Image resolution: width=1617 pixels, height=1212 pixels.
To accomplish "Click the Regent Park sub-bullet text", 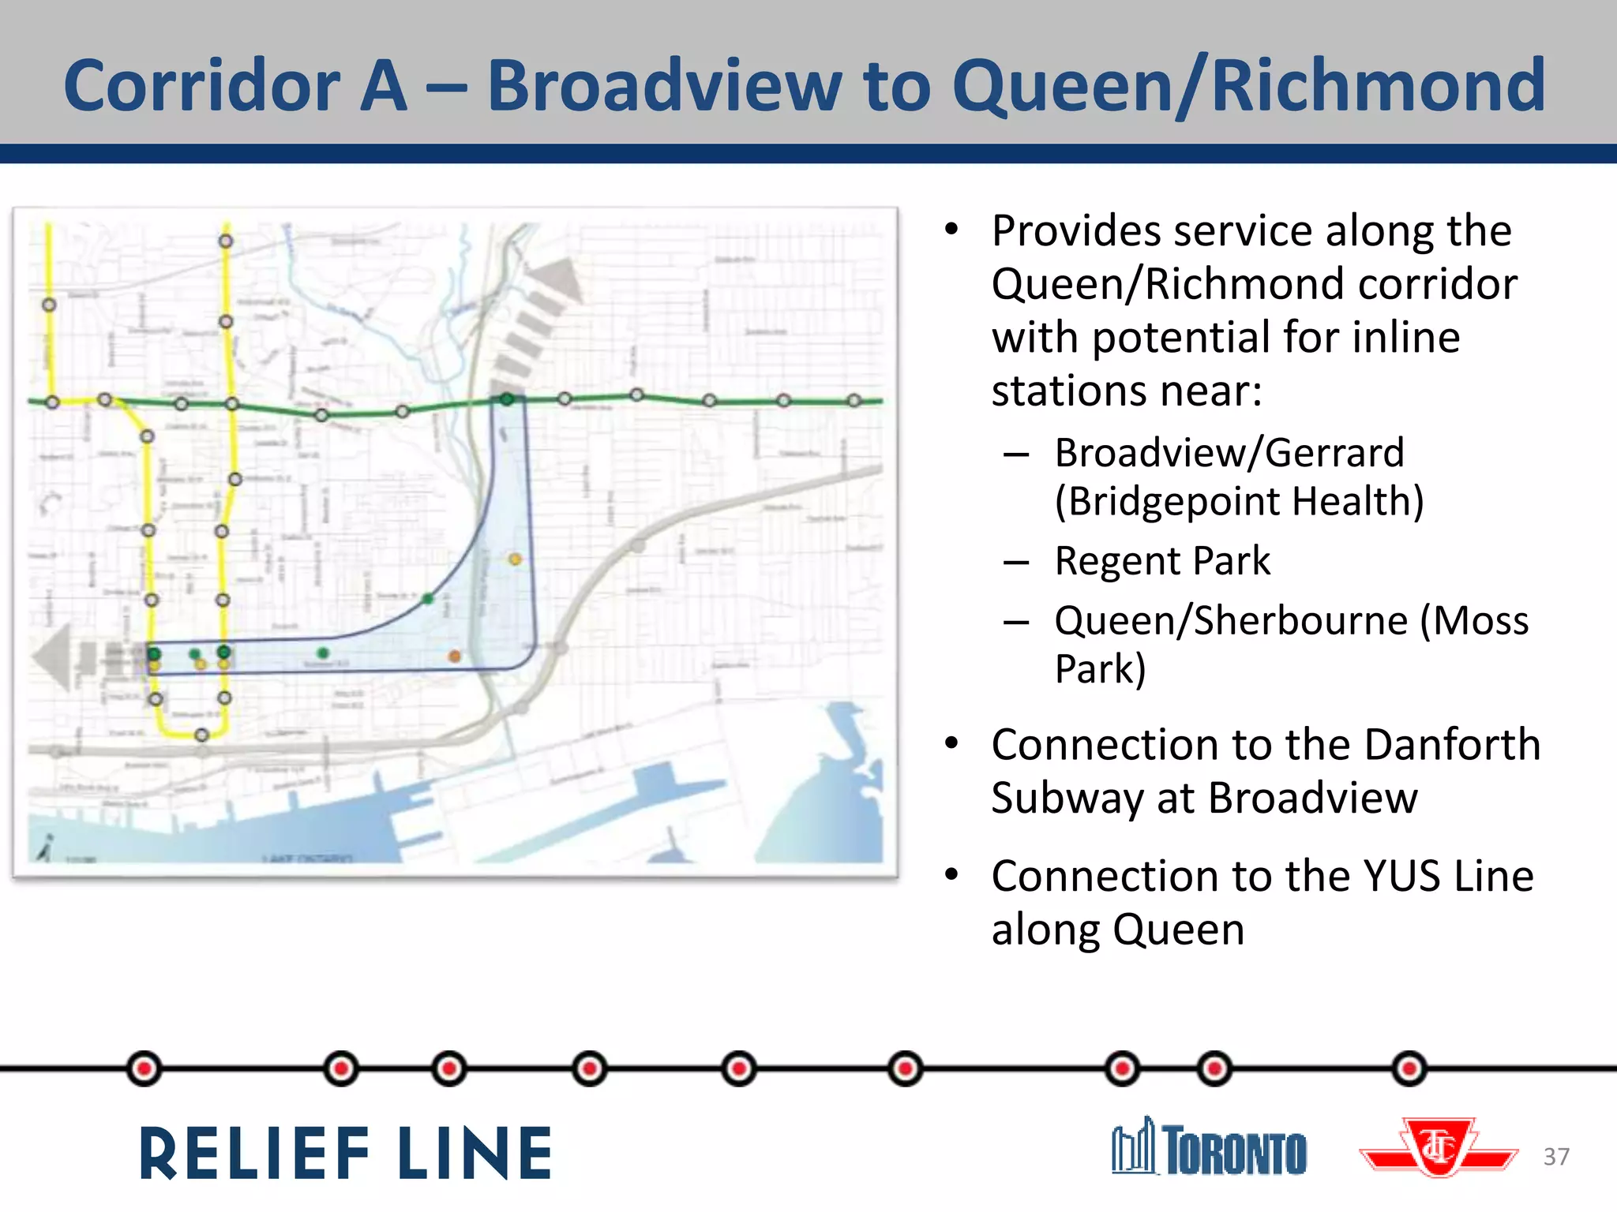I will (x=1162, y=561).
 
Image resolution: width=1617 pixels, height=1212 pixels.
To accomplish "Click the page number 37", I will (x=1556, y=1157).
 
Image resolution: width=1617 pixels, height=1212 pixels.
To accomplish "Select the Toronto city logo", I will (x=1209, y=1147).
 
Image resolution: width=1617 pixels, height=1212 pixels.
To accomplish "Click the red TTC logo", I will (x=1439, y=1148).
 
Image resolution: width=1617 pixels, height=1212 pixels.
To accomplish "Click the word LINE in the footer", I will (x=475, y=1154).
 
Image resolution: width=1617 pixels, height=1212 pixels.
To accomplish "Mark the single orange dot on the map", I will (x=455, y=656).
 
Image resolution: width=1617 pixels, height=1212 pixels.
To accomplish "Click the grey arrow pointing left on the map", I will (x=54, y=656).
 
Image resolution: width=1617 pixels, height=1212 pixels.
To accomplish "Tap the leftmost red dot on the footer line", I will (x=144, y=1068).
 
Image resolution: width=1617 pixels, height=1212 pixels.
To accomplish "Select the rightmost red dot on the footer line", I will (x=1409, y=1068).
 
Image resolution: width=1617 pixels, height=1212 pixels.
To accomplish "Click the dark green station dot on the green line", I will (x=507, y=399).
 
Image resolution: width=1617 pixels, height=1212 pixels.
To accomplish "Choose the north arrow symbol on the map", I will (x=45, y=848).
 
